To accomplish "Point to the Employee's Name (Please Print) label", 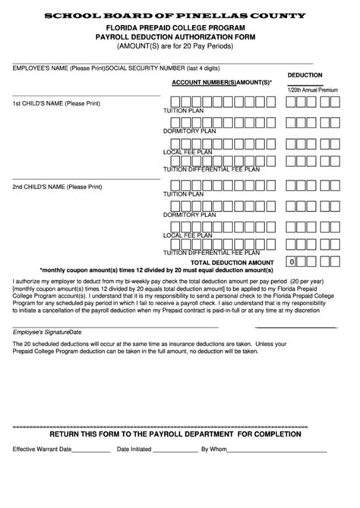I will (58, 68).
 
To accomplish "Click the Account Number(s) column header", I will (204, 80).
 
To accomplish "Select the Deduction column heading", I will (305, 75).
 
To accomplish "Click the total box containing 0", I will (292, 261).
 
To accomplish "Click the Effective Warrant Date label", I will (42, 449).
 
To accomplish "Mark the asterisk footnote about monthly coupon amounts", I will (156, 270).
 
